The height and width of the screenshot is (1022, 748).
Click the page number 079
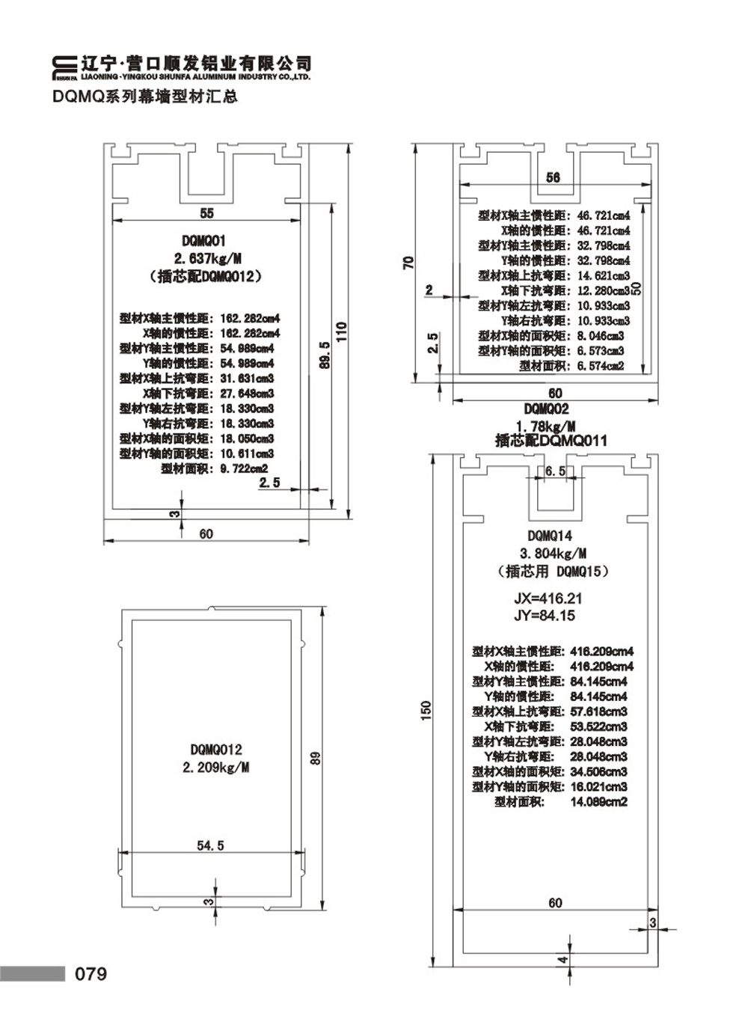[91, 974]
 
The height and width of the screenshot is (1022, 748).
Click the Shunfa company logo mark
[65, 67]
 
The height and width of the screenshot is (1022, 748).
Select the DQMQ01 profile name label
[203, 241]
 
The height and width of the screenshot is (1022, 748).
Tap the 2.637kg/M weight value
[208, 259]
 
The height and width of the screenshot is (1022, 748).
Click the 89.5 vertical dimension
[324, 355]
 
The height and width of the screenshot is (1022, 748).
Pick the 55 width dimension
[206, 213]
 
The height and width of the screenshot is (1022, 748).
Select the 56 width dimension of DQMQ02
[553, 177]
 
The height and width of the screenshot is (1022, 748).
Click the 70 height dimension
[408, 263]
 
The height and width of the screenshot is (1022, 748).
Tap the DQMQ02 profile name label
[546, 409]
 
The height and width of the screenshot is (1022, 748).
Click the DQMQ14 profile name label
[550, 536]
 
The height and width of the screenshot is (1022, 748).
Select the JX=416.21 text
[548, 599]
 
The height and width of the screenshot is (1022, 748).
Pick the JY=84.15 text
[545, 616]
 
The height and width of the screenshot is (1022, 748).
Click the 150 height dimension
[426, 710]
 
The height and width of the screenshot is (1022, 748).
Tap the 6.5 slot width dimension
[555, 471]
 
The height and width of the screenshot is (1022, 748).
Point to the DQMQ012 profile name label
[216, 749]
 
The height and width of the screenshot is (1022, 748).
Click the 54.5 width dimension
[210, 845]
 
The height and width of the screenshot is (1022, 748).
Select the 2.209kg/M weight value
[216, 768]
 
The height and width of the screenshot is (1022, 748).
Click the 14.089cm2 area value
[598, 802]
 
